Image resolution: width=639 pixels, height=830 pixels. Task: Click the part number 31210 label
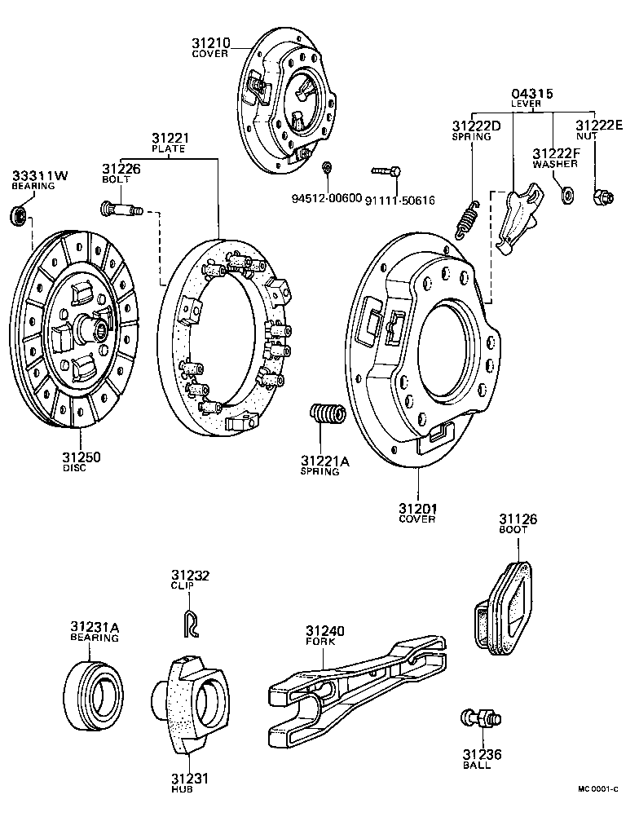click(210, 42)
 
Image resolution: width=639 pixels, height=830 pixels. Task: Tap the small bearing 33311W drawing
click(19, 216)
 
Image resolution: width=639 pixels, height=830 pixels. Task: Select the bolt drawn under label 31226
click(121, 210)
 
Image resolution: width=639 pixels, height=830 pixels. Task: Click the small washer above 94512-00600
click(327, 168)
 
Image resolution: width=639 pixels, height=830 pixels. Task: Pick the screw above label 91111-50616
click(386, 171)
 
